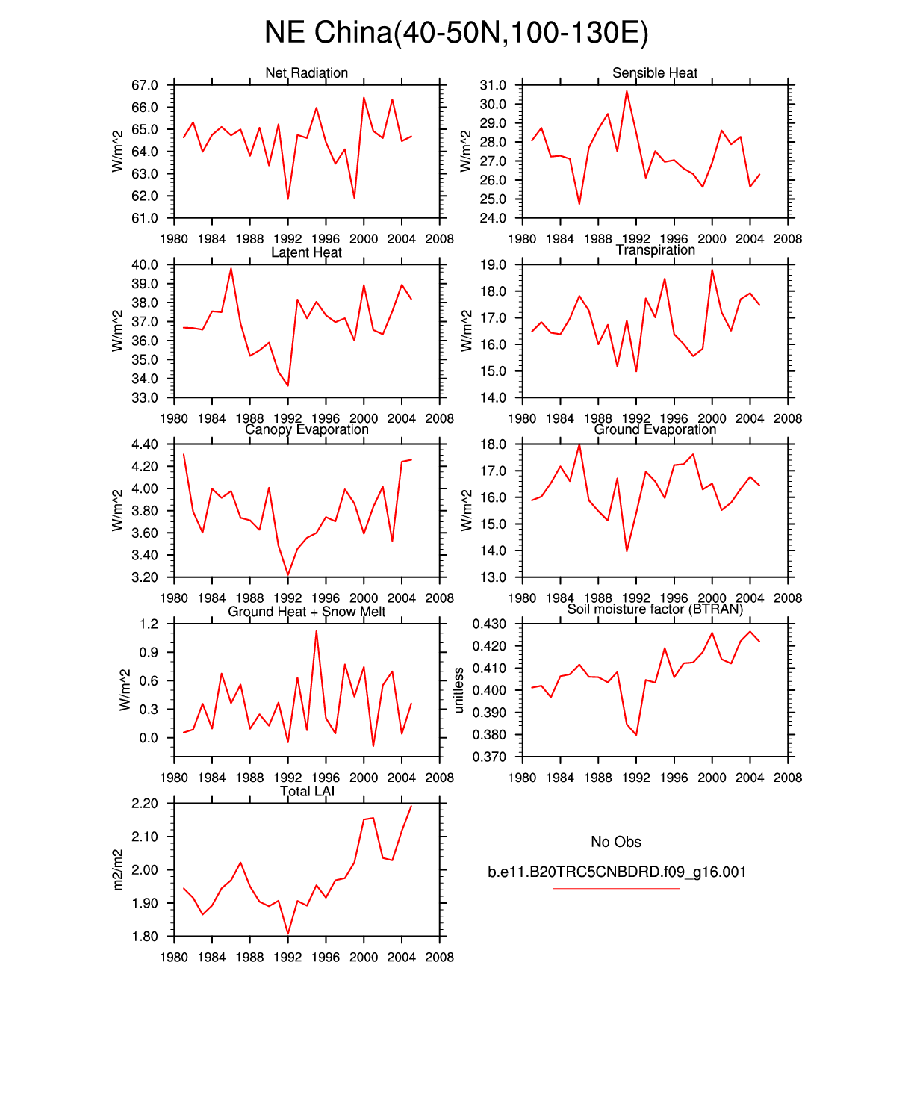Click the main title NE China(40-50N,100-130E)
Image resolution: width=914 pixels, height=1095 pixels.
(456, 33)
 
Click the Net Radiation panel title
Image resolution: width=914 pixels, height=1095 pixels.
(306, 73)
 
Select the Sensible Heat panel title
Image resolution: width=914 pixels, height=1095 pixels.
(655, 73)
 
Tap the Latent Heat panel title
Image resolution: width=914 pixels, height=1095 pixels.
(306, 252)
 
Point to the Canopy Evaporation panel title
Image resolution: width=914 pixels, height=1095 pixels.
(306, 429)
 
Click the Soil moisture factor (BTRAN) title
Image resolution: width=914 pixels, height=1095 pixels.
(655, 609)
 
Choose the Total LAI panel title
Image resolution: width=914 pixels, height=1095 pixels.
(307, 791)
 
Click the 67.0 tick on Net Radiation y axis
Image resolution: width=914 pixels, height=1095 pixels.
(145, 86)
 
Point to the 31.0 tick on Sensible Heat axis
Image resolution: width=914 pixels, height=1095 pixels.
(493, 86)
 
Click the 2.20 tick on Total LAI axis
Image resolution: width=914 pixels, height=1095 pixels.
(145, 804)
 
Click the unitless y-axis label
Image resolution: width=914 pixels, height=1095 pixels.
(459, 690)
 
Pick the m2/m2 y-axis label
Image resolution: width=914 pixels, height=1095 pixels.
(118, 869)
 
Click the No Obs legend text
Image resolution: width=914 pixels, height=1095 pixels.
(616, 842)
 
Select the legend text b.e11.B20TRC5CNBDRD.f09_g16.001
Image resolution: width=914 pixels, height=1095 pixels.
(617, 872)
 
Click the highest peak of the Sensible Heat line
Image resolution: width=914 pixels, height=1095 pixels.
(627, 91)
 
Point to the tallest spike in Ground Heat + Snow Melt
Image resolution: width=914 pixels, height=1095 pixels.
(316, 631)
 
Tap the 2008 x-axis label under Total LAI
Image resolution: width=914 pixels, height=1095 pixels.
(439, 957)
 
